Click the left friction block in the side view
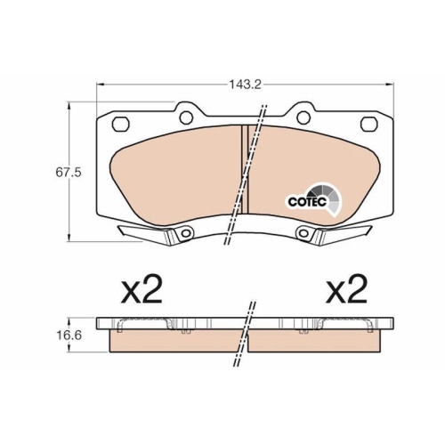coord(174,341)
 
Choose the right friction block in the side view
coord(320,341)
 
